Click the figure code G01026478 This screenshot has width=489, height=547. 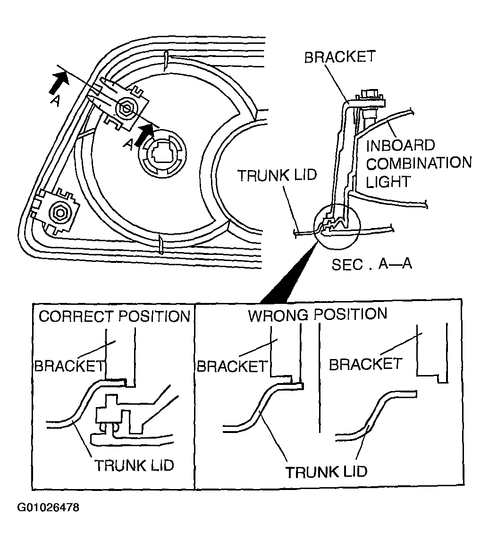click(48, 507)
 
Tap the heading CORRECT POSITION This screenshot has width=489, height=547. click(114, 316)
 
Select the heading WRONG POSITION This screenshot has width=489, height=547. click(317, 314)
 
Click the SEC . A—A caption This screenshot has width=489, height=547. click(372, 264)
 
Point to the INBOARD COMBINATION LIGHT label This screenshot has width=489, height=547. click(419, 163)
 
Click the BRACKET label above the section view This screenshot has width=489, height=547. click(339, 57)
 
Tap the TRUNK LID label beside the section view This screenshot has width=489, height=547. click(277, 176)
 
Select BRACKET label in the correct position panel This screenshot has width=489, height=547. click(69, 366)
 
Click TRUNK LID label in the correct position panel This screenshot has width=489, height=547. click(135, 465)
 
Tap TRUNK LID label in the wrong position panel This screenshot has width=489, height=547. click(326, 471)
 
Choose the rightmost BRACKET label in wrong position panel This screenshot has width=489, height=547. click(365, 364)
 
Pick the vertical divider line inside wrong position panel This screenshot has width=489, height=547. click(320, 377)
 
